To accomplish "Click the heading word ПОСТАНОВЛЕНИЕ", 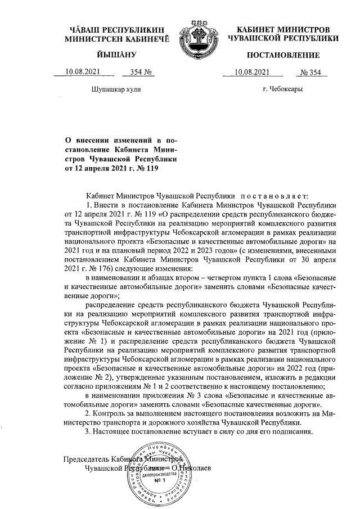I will coord(283,55).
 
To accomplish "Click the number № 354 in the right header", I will coord(310,71).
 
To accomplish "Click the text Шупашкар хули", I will coord(115,89).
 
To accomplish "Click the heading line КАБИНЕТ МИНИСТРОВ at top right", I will coord(283,29).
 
